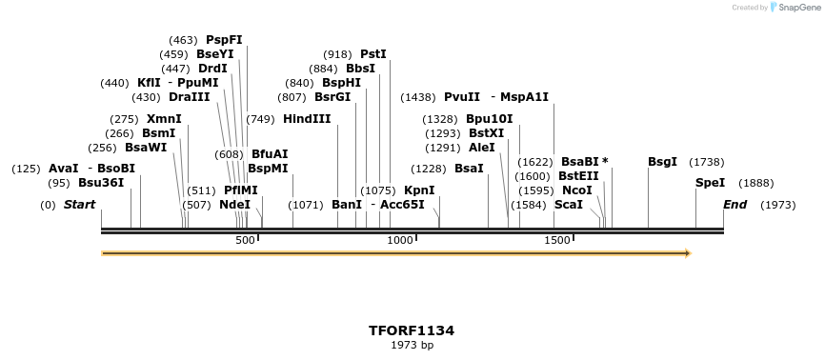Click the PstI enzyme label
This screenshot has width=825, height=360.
coord(373,54)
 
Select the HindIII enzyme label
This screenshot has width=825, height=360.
coord(307,119)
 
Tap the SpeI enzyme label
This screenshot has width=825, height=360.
coord(710,183)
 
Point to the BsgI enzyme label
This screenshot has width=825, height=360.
coord(662,162)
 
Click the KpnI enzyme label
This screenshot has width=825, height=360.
coord(419,190)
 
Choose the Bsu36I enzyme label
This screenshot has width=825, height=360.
coord(101,183)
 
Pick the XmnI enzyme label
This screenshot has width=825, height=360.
coord(164,119)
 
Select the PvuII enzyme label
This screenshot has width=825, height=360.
coord(462,97)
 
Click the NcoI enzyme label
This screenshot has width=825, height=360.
coord(577,190)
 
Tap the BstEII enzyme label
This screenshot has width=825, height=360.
coord(578,176)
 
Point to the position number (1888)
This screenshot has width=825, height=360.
coord(757,183)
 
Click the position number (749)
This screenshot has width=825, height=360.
coord(260,119)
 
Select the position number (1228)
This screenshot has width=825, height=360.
coord(430,169)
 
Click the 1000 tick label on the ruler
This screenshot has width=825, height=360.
coord(400,240)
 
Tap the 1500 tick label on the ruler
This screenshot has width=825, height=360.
coord(556,240)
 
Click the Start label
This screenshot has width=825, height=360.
coord(80,205)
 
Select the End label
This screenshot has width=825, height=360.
coord(735,205)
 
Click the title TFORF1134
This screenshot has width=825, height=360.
coord(412,330)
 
